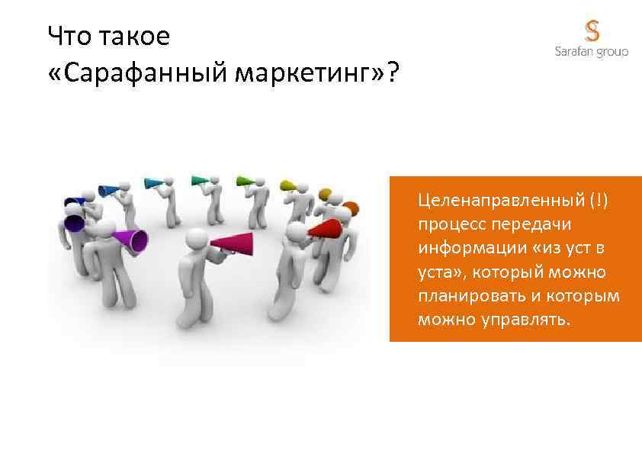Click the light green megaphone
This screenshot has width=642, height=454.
245,182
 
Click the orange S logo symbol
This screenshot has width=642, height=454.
592,31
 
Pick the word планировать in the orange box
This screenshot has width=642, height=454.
466,295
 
